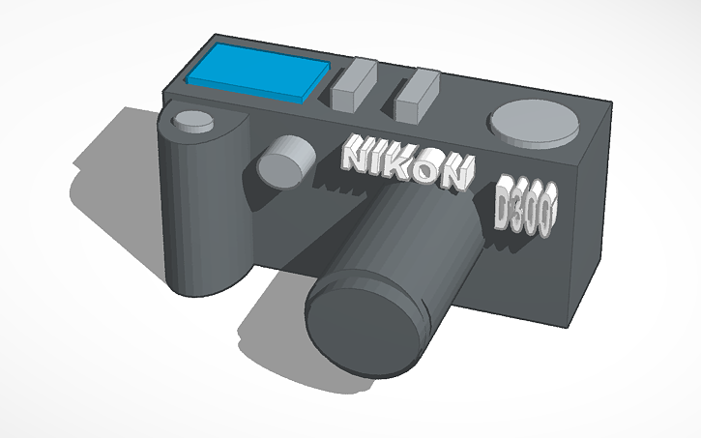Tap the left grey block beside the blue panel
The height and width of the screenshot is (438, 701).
coord(353,84)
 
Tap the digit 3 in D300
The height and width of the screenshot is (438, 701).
coord(520,211)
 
